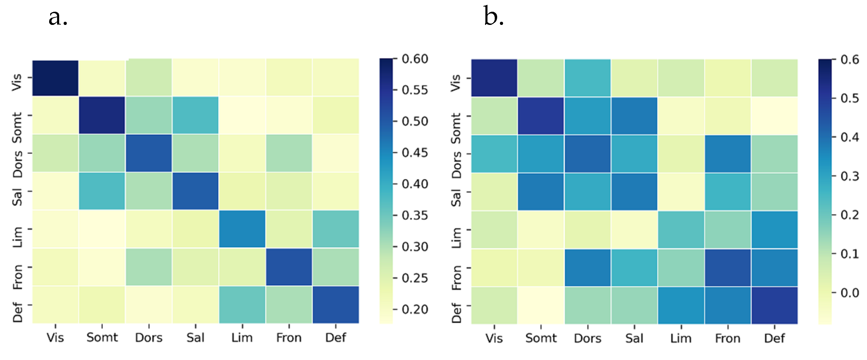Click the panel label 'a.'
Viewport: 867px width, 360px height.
tap(58, 17)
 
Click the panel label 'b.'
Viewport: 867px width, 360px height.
tap(493, 17)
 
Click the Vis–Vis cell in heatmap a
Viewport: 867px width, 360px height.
tap(55, 78)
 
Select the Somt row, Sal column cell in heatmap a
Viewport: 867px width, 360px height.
tap(195, 115)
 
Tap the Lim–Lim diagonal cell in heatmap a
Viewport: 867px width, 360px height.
tap(242, 229)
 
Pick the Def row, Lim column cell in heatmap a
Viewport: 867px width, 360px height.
tap(242, 305)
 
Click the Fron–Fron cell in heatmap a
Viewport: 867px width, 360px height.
tap(289, 267)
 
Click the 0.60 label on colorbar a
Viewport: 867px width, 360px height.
tap(415, 59)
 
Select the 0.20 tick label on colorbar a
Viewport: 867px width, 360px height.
tap(415, 309)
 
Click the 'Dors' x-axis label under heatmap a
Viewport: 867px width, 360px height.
tap(149, 338)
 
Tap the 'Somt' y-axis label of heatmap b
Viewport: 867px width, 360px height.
tap(456, 128)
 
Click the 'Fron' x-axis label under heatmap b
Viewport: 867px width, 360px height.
tap(728, 338)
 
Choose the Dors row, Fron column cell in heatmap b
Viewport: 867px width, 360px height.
tap(728, 154)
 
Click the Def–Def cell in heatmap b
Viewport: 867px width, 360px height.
tap(775, 305)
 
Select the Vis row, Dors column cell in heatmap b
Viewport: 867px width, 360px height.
tap(588, 78)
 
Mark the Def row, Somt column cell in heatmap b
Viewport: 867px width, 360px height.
tap(541, 305)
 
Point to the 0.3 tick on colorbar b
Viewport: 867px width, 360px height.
tap(833, 176)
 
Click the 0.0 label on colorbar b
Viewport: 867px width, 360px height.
tap(849, 293)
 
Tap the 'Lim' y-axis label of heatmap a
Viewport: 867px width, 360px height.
tap(17, 237)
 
